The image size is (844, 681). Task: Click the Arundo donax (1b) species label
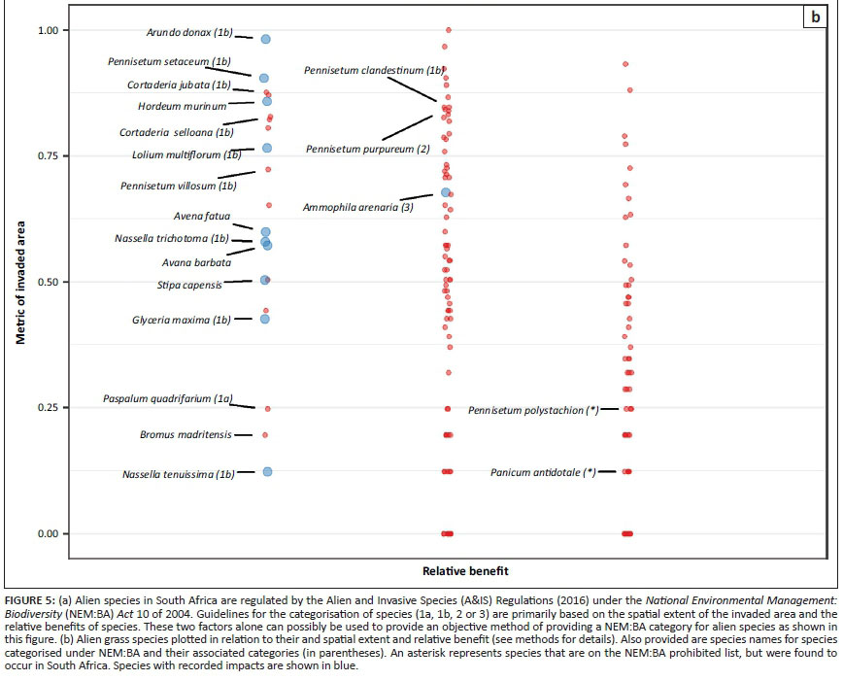tap(189, 32)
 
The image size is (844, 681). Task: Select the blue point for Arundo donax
tap(265, 40)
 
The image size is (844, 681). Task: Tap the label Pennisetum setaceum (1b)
tap(163, 61)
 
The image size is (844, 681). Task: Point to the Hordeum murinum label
tap(182, 106)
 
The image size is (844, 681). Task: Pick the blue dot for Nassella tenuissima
tap(267, 472)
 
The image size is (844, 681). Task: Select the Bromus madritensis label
tap(186, 435)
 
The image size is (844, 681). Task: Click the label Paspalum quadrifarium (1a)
tap(169, 399)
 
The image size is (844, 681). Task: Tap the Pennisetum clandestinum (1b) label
tap(374, 71)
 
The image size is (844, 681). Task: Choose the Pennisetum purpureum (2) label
tap(367, 150)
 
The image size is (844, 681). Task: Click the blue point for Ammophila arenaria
tap(446, 192)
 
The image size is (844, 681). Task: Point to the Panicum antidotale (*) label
tap(543, 473)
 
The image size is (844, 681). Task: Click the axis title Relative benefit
tap(466, 570)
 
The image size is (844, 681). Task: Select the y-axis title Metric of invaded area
tap(20, 282)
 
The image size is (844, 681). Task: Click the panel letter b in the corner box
tap(815, 17)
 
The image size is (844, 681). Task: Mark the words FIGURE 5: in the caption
tap(32, 598)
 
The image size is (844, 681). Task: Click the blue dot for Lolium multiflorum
tap(266, 149)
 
